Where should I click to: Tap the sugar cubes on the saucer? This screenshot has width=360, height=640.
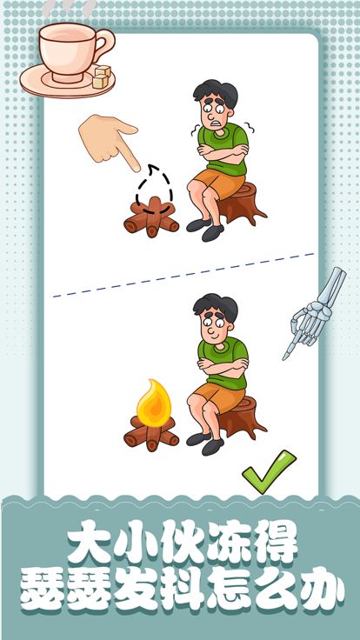(103, 77)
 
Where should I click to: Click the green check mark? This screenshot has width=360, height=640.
(269, 472)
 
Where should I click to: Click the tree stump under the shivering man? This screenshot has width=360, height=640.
(239, 204)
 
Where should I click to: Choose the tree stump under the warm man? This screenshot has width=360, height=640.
(239, 417)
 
